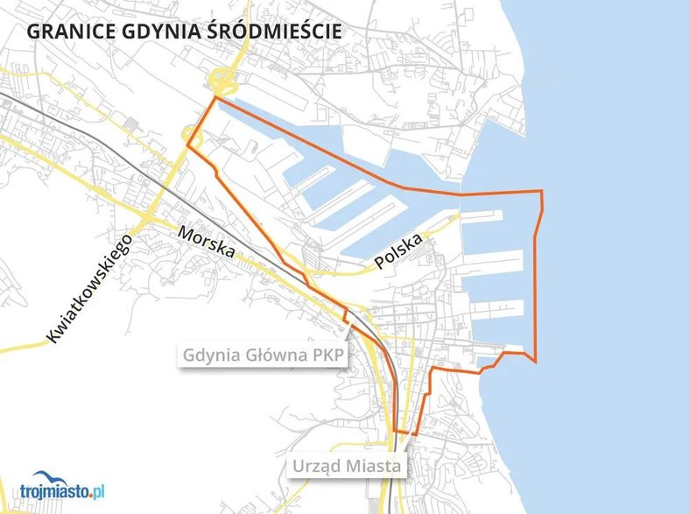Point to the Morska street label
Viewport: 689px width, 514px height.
coord(207,243)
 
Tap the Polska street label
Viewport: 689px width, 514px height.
coord(398,250)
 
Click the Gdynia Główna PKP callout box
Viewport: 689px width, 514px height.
coord(263,356)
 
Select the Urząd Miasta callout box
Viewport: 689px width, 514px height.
coord(347,466)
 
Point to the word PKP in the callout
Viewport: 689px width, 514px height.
coord(324,356)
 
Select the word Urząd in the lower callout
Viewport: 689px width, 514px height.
coord(320,466)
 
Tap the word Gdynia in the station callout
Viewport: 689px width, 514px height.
coord(213,356)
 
